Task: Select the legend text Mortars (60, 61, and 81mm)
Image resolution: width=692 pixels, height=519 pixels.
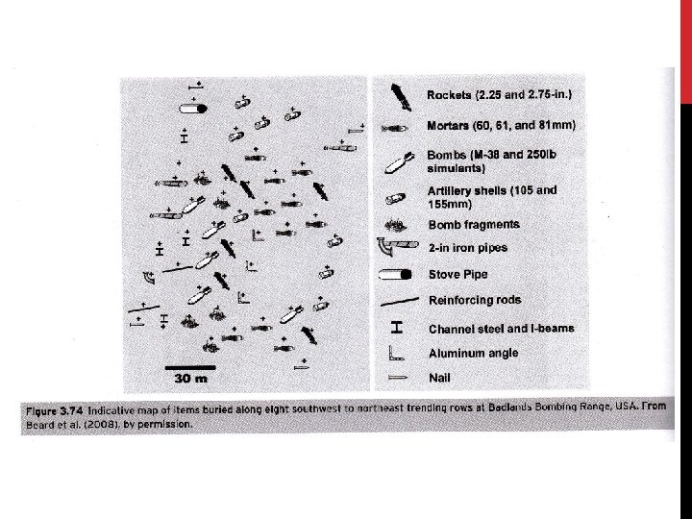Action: [501, 126]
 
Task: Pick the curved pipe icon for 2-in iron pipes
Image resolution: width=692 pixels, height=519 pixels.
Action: [396, 248]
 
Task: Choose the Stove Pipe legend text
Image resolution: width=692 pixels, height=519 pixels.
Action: [460, 273]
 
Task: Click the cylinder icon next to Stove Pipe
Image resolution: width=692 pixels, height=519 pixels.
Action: [396, 273]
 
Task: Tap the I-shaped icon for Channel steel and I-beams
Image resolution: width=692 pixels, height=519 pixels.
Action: [396, 327]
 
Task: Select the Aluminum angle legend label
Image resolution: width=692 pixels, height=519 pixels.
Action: [473, 354]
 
